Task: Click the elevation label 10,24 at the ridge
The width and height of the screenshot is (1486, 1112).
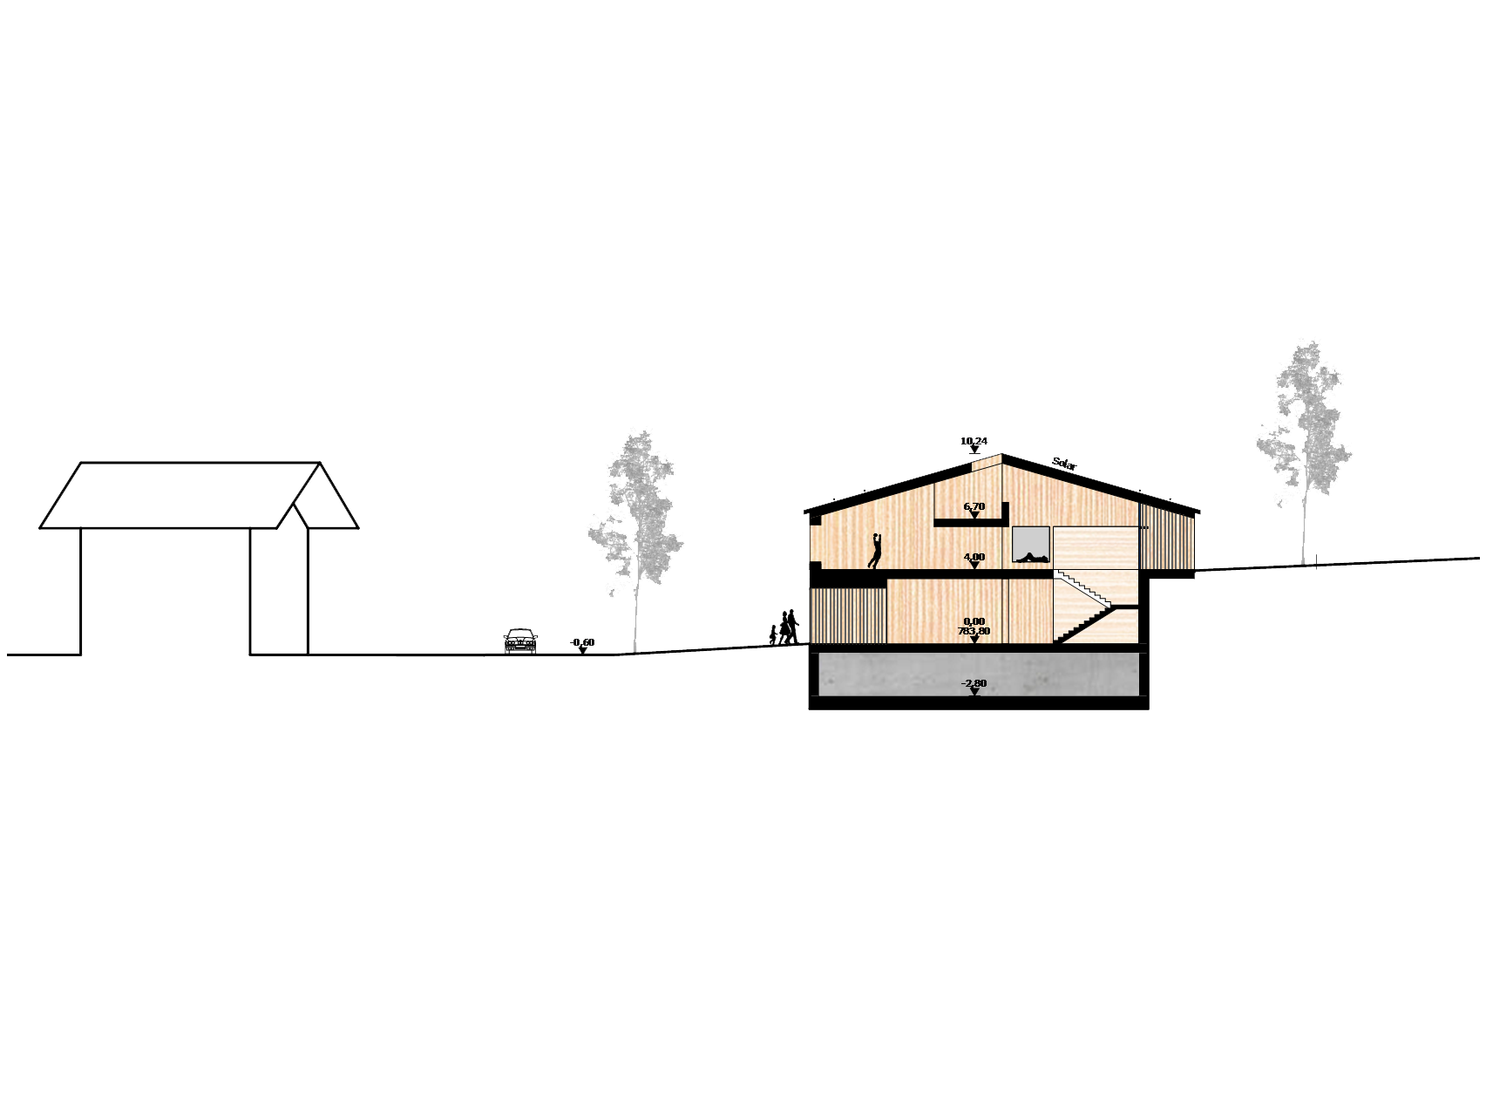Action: (974, 442)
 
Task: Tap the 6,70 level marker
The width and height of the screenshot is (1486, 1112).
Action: (974, 507)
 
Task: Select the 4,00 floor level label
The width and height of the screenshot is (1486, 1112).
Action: (974, 558)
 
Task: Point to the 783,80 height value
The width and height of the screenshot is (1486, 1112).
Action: (974, 631)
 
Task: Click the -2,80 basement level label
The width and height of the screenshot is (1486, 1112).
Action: (974, 684)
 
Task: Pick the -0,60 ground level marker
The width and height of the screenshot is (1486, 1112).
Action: (582, 643)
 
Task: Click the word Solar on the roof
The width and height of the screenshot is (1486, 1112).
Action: (1064, 464)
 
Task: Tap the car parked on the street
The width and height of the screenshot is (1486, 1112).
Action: (520, 641)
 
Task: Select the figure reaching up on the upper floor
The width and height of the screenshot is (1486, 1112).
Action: (875, 552)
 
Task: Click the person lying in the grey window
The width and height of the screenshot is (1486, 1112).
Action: (1031, 558)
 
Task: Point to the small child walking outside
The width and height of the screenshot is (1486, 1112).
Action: (773, 635)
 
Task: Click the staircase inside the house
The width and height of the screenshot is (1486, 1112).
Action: (1085, 607)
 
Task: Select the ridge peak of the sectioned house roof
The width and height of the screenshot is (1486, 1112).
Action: (1001, 455)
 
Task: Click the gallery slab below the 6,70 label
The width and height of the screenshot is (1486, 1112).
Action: (972, 522)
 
